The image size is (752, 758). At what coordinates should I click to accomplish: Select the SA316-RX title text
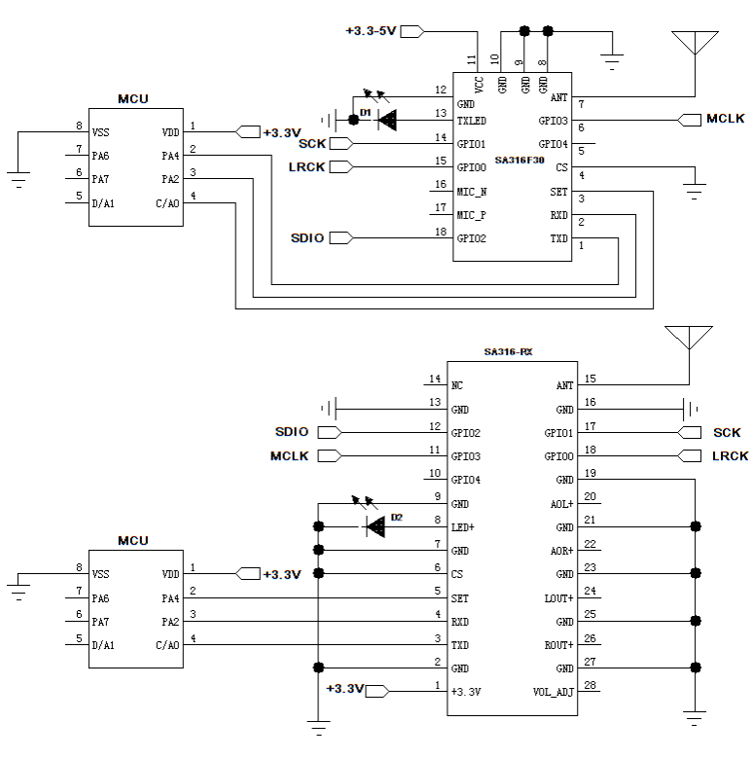(x=509, y=351)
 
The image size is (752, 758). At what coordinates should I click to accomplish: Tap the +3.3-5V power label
(x=371, y=31)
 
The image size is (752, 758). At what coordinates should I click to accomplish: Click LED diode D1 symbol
(x=387, y=121)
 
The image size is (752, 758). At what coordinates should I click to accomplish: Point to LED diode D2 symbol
(x=375, y=526)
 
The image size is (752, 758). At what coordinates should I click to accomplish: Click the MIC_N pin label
(x=472, y=192)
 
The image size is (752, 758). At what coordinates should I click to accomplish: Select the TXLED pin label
(x=472, y=121)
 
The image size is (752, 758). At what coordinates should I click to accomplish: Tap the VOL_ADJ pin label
(x=554, y=692)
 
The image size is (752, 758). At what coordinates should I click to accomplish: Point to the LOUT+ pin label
(x=558, y=598)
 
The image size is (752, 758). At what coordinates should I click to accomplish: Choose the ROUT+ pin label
(x=558, y=645)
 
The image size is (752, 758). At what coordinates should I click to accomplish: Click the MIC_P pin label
(x=472, y=215)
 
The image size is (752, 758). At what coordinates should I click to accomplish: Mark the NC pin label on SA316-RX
(x=457, y=385)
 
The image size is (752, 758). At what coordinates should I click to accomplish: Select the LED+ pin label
(x=462, y=527)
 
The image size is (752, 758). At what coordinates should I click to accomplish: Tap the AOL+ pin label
(x=561, y=504)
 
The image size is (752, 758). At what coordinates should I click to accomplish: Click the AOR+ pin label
(x=561, y=551)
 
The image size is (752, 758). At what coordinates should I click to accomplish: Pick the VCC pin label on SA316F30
(x=480, y=85)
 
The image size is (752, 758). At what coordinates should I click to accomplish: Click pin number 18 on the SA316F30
(x=441, y=232)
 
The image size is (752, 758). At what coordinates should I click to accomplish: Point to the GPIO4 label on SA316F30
(x=553, y=144)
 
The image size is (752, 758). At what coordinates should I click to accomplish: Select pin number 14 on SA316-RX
(x=435, y=379)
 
